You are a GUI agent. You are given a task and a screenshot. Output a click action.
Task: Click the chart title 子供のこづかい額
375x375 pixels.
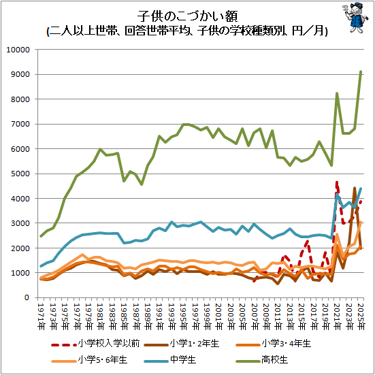187,16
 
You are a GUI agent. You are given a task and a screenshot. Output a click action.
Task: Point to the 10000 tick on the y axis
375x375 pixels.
18,50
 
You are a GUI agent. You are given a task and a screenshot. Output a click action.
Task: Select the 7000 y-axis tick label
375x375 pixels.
20,124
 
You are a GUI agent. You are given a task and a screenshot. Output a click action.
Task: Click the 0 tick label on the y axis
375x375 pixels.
27,297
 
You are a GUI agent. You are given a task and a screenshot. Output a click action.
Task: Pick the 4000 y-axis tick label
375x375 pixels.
20,199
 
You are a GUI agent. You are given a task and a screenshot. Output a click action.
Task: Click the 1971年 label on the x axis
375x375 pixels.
41,317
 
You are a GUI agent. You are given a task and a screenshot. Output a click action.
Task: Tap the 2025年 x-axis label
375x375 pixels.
361,317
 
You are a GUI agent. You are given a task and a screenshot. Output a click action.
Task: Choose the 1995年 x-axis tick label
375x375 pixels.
183,317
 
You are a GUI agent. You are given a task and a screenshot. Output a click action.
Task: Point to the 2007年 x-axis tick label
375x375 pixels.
255,317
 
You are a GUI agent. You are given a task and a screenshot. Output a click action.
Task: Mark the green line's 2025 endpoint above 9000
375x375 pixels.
361,71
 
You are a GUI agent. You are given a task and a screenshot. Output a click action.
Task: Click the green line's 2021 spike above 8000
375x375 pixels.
337,93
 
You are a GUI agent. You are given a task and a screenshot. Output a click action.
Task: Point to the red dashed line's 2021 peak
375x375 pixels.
337,182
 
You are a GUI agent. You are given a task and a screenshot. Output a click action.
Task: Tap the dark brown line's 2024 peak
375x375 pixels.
355,188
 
